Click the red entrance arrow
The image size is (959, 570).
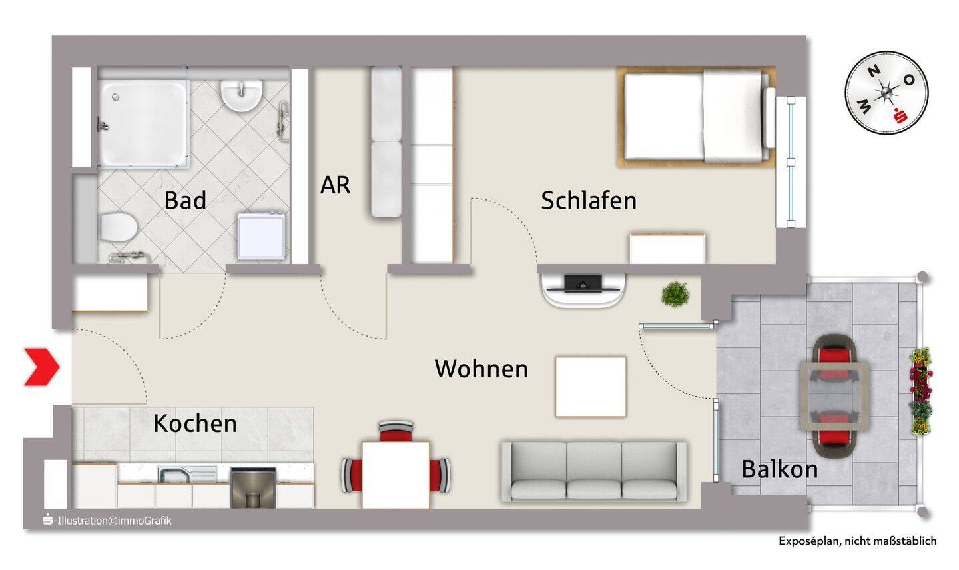pyautogui.click(x=42, y=367)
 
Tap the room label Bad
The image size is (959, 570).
pyautogui.click(x=185, y=200)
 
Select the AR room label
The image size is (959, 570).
pyautogui.click(x=336, y=185)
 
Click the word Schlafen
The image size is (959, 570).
pyautogui.click(x=589, y=200)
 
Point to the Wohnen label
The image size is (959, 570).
pyautogui.click(x=481, y=369)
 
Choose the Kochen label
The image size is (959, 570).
pyautogui.click(x=195, y=423)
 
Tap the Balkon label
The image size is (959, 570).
pyautogui.click(x=780, y=469)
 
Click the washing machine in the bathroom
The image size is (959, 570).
pyautogui.click(x=261, y=235)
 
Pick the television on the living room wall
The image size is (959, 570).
pyautogui.click(x=583, y=284)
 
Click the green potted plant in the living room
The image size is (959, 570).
pyautogui.click(x=675, y=293)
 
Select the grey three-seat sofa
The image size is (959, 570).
pyautogui.click(x=594, y=471)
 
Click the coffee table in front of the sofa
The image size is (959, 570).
pyautogui.click(x=591, y=387)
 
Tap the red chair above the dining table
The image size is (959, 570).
pyautogui.click(x=396, y=431)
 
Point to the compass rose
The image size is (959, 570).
pyautogui.click(x=886, y=93)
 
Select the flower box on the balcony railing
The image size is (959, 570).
pyautogui.click(x=920, y=391)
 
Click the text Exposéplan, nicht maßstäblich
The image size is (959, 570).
pyautogui.click(x=858, y=541)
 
